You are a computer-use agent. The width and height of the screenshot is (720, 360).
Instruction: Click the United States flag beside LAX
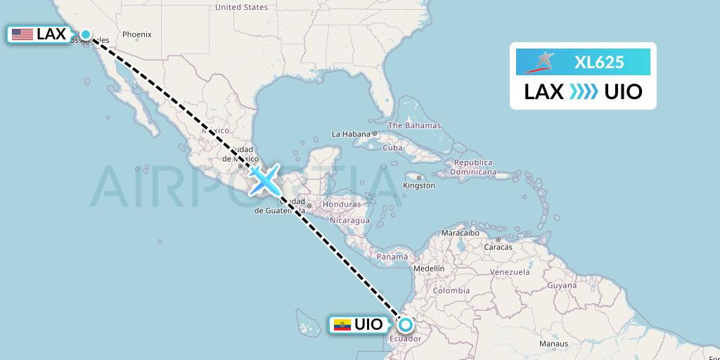pos(22,34)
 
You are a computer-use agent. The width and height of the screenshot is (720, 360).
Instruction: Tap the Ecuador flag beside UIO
pos(341,325)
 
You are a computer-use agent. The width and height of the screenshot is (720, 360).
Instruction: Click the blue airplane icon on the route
pos(264,179)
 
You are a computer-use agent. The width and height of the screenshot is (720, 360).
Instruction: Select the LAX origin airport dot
pos(86,34)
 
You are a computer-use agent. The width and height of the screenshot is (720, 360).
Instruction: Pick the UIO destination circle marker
pos(406,325)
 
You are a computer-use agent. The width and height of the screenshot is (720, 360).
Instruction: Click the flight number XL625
pos(599,62)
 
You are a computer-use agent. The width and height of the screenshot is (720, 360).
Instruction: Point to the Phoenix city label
pos(137,34)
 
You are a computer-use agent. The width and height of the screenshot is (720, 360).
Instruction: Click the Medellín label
pos(429,269)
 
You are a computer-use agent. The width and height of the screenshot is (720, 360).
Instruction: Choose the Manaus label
pos(553,344)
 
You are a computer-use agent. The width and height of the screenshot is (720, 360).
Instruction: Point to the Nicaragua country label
pos(350,221)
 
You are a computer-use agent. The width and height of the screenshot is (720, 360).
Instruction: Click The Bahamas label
pos(415,126)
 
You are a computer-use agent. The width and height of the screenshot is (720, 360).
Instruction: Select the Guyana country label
pos(562,285)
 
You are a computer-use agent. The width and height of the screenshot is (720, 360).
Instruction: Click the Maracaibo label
pos(460,233)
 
